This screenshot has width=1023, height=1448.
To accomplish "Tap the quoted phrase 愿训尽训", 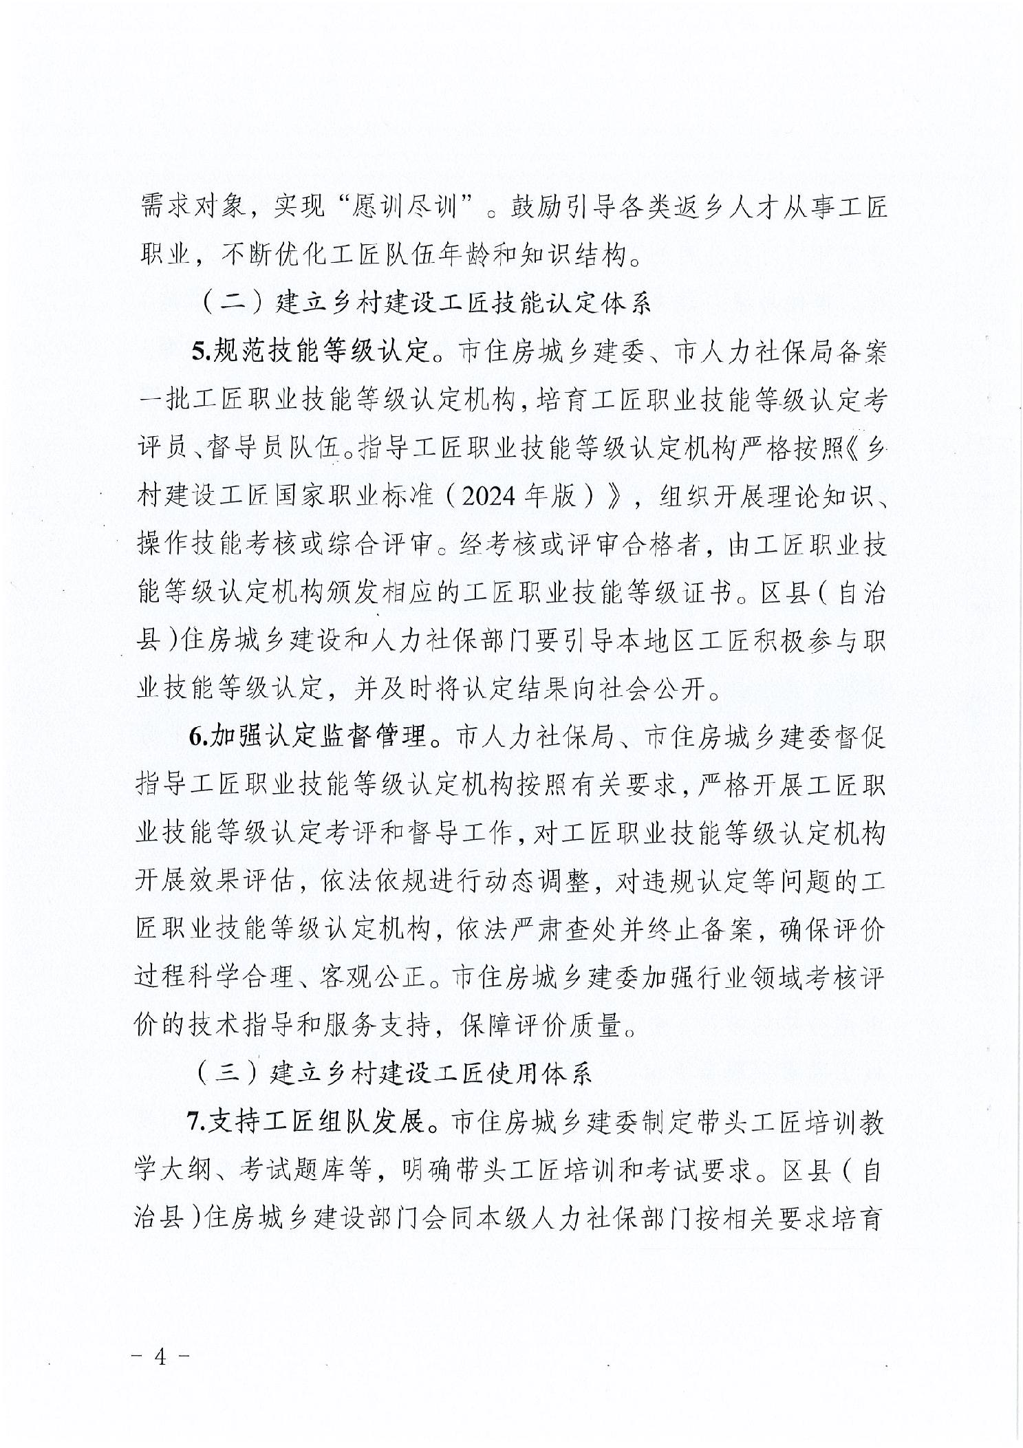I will [x=393, y=207].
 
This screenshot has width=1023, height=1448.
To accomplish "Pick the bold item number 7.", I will [x=196, y=1123].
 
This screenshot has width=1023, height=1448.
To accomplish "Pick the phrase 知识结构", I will [x=570, y=255].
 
